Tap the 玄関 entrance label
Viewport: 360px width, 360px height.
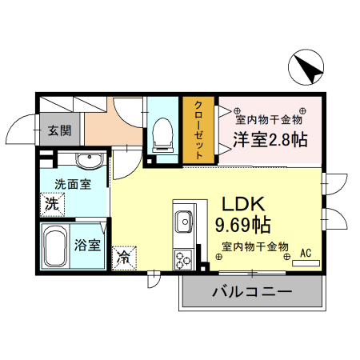[x=58, y=130]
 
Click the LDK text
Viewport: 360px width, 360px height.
[x=238, y=204]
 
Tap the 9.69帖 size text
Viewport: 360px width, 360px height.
[x=242, y=224]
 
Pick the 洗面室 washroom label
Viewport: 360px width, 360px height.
[x=71, y=183]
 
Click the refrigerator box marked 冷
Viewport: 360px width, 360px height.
[x=125, y=257]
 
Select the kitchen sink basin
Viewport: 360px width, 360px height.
[x=182, y=220]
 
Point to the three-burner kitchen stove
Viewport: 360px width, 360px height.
[x=182, y=258]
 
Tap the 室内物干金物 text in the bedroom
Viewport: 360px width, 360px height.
[x=268, y=120]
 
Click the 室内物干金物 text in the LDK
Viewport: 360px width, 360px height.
[x=254, y=246]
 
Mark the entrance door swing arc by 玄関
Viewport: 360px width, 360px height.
[x=22, y=128]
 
